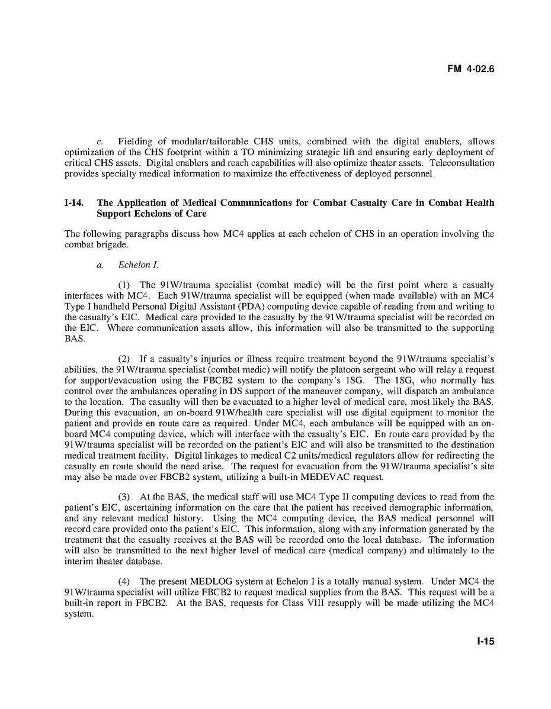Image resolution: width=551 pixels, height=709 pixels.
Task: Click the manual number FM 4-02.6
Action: coord(471,69)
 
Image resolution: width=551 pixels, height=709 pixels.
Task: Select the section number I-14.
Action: coord(74,203)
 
